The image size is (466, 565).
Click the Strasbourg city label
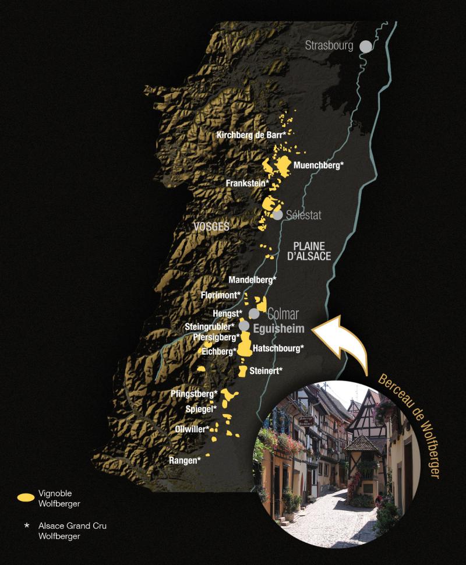(329, 45)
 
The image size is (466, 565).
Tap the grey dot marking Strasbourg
(365, 45)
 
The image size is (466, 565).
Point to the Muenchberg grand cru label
(319, 165)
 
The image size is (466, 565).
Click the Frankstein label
(247, 183)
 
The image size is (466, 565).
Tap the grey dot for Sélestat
(278, 215)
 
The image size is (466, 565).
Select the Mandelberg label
(252, 280)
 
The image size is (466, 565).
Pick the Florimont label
(220, 295)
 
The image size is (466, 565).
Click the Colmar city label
(283, 315)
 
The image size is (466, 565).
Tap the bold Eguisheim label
(280, 329)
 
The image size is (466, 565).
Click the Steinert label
(266, 370)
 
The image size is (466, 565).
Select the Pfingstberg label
(194, 394)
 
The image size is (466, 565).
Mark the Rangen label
(185, 460)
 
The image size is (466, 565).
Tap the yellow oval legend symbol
(26, 497)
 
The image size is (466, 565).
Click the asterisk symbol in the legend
(26, 526)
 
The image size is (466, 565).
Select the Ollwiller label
(192, 429)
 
